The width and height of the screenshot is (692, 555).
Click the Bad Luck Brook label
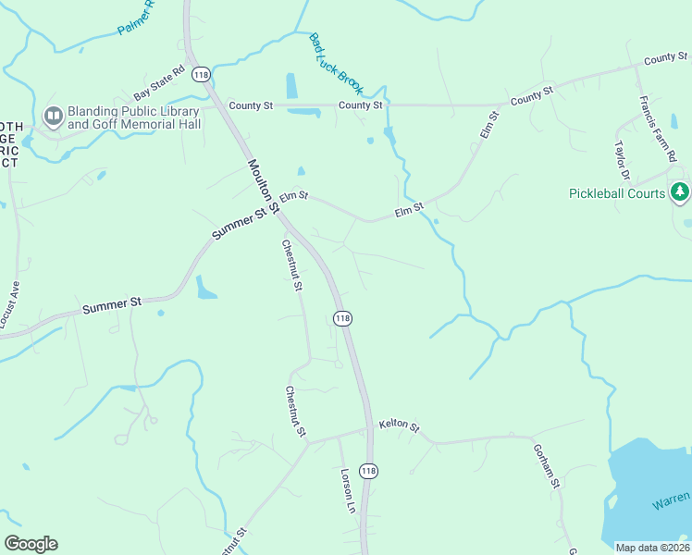tap(337, 63)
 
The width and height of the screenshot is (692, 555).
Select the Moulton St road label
tap(263, 187)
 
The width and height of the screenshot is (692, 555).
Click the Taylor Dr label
tap(622, 158)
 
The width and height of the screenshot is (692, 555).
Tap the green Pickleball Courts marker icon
tap(681, 192)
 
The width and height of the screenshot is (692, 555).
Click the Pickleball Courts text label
tap(617, 193)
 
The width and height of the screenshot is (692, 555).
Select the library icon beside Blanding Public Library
tap(53, 116)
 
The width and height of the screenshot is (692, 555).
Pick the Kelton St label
tap(399, 427)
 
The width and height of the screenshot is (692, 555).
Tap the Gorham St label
tap(547, 465)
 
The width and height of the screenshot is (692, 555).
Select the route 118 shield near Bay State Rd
tap(201, 74)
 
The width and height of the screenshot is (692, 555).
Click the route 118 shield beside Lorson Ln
tap(369, 471)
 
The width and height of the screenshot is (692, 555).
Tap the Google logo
tap(31, 544)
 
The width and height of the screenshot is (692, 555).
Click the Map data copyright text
tap(653, 548)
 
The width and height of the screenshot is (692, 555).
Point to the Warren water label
tap(670, 502)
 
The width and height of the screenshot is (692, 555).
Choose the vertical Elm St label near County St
tap(488, 125)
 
